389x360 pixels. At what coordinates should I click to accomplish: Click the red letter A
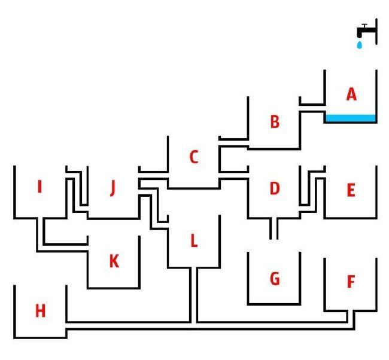coord(351,94)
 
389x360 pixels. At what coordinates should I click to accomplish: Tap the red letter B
coord(275,122)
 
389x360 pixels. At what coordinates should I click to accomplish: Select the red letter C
coord(193,157)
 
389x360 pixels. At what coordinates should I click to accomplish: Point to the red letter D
coord(274,189)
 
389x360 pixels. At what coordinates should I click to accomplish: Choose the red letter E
coord(351,191)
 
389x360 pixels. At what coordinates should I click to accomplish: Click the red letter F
coord(351,282)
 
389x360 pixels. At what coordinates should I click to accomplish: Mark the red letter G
coord(275,279)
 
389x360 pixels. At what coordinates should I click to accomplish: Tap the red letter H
coord(40,311)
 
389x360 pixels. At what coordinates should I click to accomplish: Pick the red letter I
coord(39,188)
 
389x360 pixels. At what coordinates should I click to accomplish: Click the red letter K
coord(114,261)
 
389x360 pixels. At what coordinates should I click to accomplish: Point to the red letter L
coord(193,241)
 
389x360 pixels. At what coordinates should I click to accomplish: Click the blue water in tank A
coord(351,118)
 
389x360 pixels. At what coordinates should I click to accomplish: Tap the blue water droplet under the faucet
coord(360,44)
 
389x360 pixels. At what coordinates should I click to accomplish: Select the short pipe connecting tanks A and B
coord(312,107)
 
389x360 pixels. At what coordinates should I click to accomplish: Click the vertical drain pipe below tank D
coord(274,228)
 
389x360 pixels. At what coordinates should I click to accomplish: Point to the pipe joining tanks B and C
coord(233,142)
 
